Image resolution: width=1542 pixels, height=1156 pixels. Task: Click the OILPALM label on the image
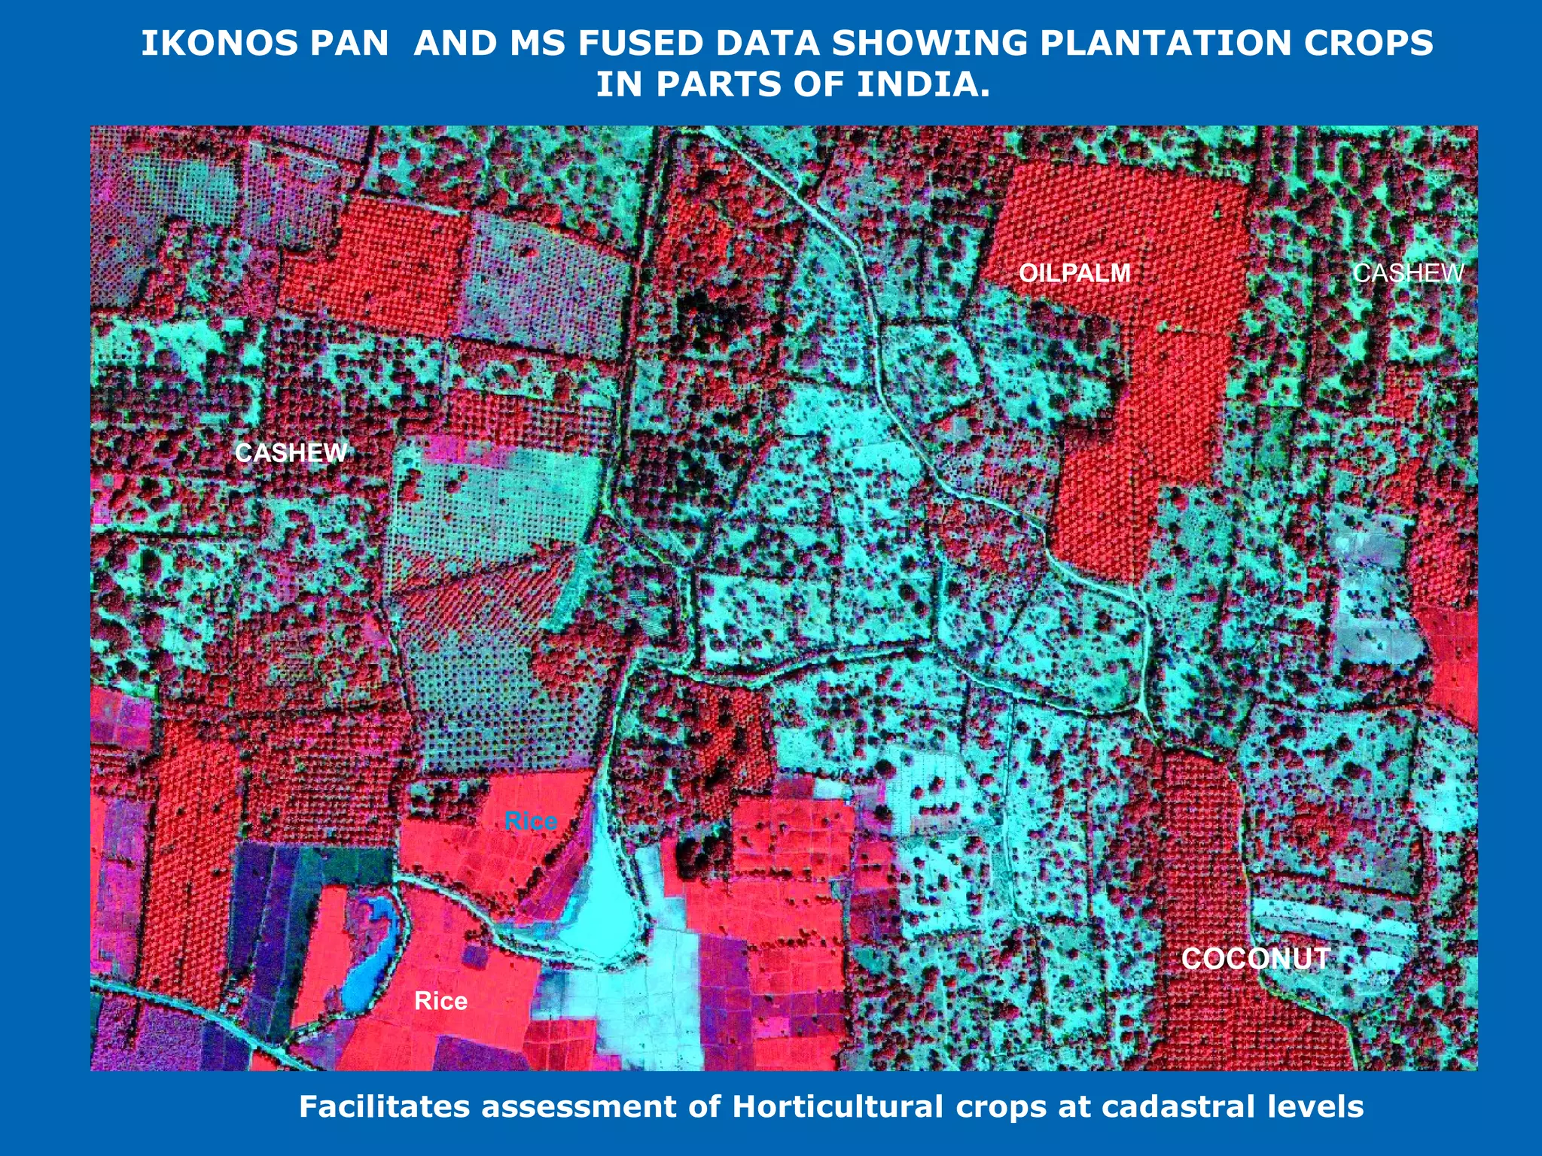pyautogui.click(x=1074, y=272)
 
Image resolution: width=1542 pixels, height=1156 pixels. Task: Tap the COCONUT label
pyautogui.click(x=1255, y=959)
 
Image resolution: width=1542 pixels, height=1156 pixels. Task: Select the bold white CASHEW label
pyautogui.click(x=291, y=452)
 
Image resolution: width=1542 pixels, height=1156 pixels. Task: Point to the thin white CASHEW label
pyautogui.click(x=1408, y=272)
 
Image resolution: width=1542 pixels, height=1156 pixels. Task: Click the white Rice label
pyautogui.click(x=440, y=1001)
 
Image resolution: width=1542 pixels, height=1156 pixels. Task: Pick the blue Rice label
pyautogui.click(x=531, y=821)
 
